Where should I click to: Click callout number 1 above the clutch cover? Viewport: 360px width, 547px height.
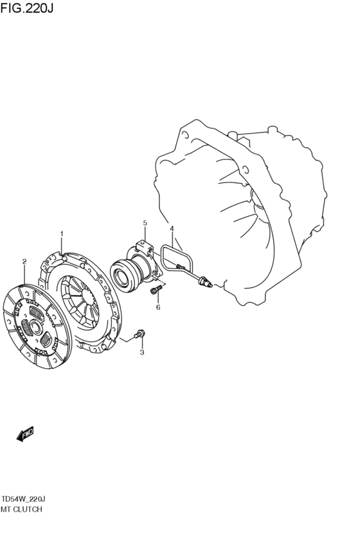click(x=62, y=233)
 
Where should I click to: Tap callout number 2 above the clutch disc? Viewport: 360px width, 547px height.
click(x=24, y=262)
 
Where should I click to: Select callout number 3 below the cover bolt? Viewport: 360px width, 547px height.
click(x=142, y=352)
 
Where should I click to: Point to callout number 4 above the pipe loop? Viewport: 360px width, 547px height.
click(x=172, y=228)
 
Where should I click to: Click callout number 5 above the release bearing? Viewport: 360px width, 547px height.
click(x=145, y=222)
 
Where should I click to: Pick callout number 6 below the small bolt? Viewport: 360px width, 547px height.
click(x=158, y=307)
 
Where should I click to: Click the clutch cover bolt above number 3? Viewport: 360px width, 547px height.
click(x=140, y=334)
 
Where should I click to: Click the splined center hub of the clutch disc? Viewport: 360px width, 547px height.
click(x=35, y=327)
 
